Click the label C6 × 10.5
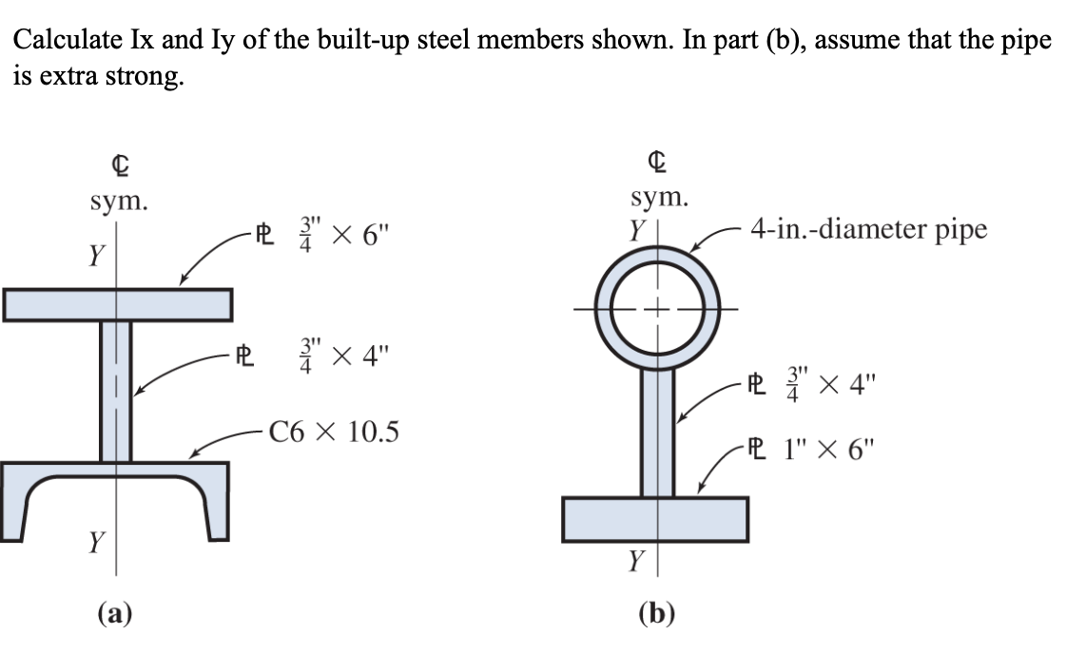[x=334, y=433]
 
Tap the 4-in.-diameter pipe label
[x=868, y=229]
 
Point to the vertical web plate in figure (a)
[x=117, y=391]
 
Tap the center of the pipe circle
[x=657, y=308]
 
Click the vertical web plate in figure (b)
[x=657, y=433]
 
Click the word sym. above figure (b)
[x=658, y=199]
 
